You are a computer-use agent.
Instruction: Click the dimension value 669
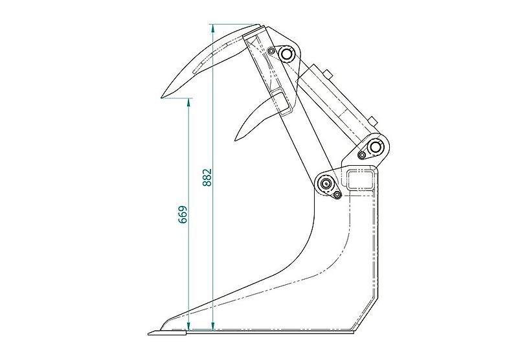[x=183, y=214]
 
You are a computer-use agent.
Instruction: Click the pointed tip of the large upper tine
[x=163, y=97]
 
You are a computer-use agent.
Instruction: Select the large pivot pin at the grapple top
[x=286, y=53]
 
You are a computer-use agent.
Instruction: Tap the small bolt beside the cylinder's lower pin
[x=361, y=154]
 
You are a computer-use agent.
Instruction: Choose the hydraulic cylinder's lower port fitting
[x=372, y=120]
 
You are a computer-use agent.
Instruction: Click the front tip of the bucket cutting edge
[x=150, y=333]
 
